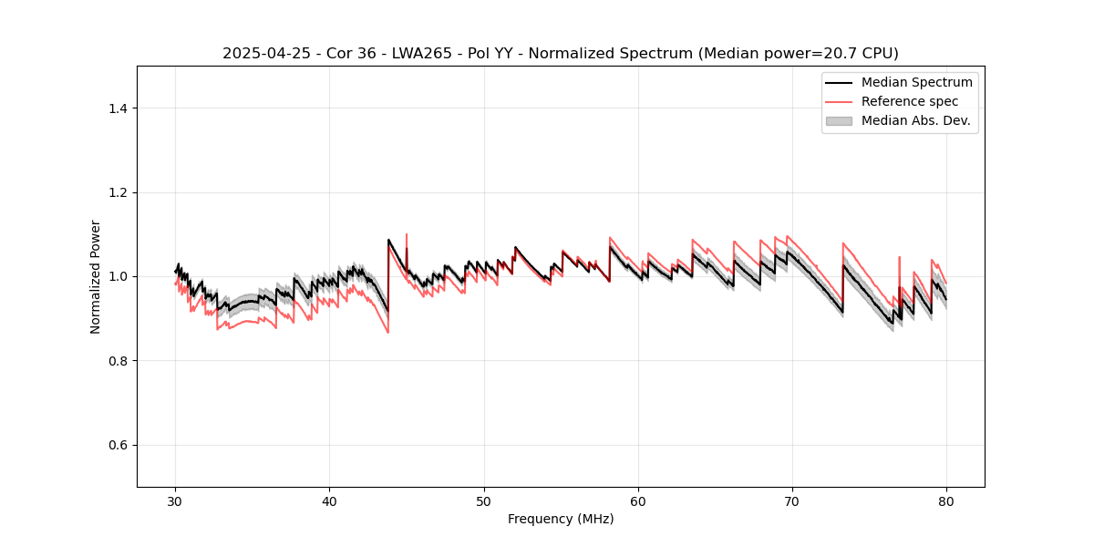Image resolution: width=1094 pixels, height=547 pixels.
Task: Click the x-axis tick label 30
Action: (x=176, y=501)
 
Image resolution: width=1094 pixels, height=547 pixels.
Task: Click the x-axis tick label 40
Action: (x=330, y=501)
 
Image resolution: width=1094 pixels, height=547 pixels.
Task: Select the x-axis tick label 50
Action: (x=484, y=501)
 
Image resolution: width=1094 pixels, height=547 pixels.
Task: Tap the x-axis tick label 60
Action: (x=638, y=501)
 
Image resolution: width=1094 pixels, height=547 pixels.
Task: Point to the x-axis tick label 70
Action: (x=792, y=501)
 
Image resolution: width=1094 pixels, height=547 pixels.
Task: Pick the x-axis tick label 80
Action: (x=946, y=501)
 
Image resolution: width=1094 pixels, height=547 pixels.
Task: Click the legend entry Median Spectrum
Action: (x=916, y=82)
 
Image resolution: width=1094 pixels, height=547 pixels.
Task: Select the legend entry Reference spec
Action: (x=909, y=101)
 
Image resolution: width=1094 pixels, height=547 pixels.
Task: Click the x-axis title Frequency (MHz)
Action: (x=561, y=519)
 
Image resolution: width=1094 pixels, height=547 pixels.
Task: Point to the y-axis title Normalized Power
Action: (x=96, y=276)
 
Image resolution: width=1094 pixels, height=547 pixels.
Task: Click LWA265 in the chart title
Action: (x=412, y=54)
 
